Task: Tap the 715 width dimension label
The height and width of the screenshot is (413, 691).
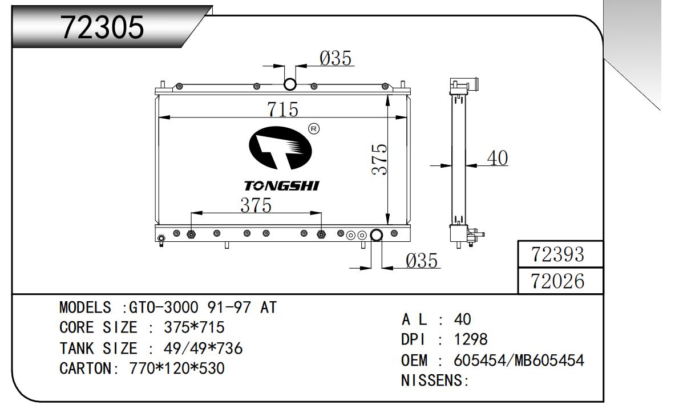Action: click(283, 109)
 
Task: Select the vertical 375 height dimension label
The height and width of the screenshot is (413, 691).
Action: click(379, 159)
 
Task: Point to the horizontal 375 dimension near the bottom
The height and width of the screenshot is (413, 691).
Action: click(255, 205)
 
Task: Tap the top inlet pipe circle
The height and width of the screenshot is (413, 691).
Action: click(290, 85)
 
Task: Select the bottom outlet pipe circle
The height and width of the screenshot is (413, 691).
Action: click(377, 235)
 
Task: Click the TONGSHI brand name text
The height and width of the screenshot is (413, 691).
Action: click(282, 186)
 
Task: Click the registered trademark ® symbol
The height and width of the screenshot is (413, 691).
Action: click(313, 129)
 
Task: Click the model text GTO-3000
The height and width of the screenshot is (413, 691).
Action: click(164, 308)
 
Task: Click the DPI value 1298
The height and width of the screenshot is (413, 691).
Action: click(471, 340)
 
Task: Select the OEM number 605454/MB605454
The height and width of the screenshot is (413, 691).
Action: click(519, 361)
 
